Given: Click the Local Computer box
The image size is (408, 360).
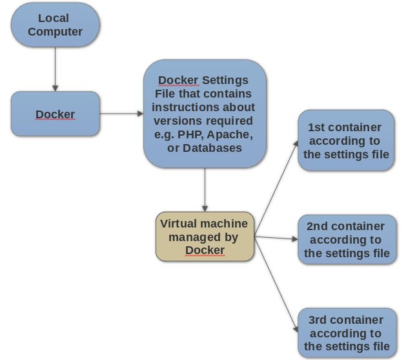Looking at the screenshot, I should [x=56, y=25].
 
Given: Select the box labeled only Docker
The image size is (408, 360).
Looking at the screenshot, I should [x=56, y=114].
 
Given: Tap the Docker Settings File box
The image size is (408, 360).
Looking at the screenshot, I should [x=205, y=114].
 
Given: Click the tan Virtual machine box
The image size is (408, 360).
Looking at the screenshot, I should [x=205, y=237].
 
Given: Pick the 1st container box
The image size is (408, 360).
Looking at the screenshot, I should [x=346, y=140].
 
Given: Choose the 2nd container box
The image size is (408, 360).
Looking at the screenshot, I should [x=347, y=239].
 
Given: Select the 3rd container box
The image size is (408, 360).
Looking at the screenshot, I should [x=347, y=333].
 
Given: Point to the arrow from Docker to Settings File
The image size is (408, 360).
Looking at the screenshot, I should [x=121, y=114].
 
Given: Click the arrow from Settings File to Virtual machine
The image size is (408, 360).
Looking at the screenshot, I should [x=205, y=190].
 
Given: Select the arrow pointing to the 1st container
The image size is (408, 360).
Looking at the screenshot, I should [x=276, y=188].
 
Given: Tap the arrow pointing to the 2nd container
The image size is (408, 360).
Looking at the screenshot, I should [x=276, y=238].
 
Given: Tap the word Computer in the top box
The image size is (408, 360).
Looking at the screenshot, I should [x=56, y=32].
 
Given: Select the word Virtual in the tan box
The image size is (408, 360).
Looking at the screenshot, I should [x=179, y=224].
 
